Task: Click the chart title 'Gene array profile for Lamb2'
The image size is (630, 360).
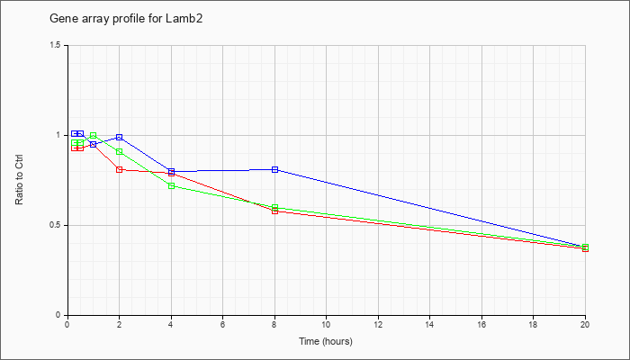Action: tap(126, 19)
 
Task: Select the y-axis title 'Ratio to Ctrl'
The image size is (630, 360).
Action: tap(19, 180)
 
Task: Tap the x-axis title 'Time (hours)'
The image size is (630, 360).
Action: tap(326, 341)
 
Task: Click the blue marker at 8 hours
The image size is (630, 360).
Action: tap(274, 169)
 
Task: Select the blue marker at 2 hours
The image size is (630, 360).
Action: tap(120, 138)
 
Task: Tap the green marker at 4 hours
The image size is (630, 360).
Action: tap(171, 185)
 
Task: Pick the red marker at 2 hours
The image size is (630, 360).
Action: tap(120, 169)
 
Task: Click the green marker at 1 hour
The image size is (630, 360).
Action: tap(94, 135)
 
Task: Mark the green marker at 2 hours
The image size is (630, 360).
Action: tap(120, 151)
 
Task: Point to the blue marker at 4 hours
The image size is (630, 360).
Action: tap(171, 171)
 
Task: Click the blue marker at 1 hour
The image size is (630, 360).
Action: tap(94, 144)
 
